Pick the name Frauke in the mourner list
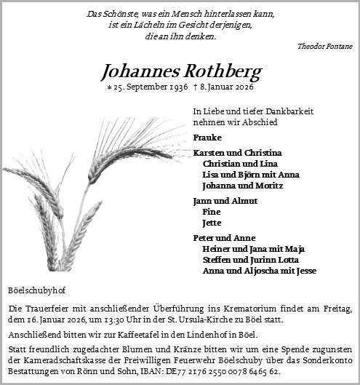pyautogui.click(x=207, y=138)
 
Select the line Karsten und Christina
pyautogui.click(x=237, y=153)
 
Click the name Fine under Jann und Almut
pyautogui.click(x=212, y=211)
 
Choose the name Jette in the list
pyautogui.click(x=212, y=223)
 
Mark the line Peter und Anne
pyautogui.click(x=224, y=237)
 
